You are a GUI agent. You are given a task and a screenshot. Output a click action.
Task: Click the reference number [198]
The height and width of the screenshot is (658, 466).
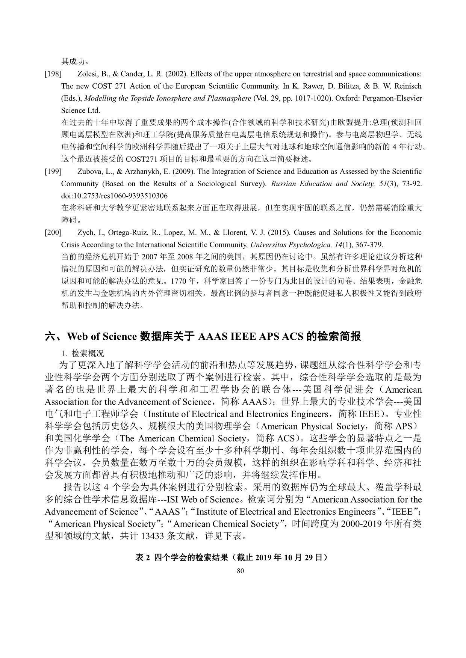(53, 74)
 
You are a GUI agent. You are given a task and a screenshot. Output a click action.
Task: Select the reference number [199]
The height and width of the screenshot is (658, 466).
(53, 172)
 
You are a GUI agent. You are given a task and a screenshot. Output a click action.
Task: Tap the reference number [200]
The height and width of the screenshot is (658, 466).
(53, 233)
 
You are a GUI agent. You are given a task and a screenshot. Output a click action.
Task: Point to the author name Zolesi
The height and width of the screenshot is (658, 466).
(87, 74)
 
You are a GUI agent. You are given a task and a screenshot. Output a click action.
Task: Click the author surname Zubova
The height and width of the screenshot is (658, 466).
(89, 172)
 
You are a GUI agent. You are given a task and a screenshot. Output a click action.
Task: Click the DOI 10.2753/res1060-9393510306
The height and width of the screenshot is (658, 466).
(115, 196)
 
